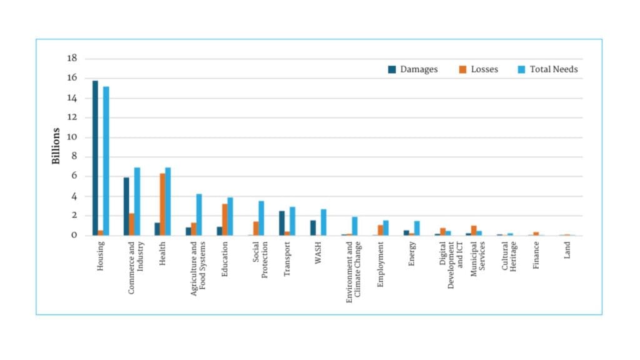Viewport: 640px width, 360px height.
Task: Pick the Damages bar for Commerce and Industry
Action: [x=126, y=206]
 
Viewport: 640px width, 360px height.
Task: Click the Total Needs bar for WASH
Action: [x=324, y=222]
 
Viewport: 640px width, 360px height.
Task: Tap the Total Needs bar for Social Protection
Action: [x=261, y=218]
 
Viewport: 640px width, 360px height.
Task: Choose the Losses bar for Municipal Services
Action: [x=474, y=231]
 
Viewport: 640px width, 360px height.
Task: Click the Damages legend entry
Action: [x=413, y=69]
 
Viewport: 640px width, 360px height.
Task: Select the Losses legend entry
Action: [x=479, y=69]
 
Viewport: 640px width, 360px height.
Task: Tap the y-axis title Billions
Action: [x=56, y=146]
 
